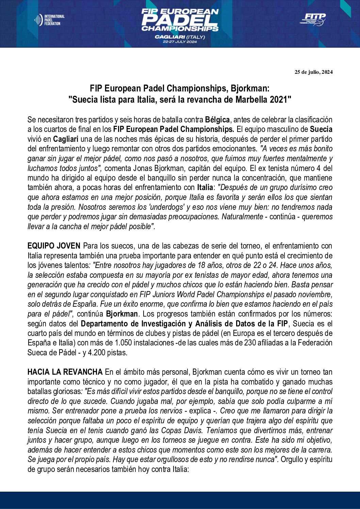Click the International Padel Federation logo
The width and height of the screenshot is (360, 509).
point(49,20)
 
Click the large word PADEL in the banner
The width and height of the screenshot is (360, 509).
point(180,20)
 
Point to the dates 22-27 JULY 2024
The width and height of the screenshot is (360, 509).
point(180,42)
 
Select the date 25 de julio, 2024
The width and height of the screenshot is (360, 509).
point(313,72)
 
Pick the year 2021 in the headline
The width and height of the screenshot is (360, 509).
point(281,100)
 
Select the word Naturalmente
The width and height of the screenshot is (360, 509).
point(242,217)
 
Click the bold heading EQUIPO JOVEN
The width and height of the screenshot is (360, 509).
point(54,246)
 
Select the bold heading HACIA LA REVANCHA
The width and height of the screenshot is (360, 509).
point(65,372)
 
